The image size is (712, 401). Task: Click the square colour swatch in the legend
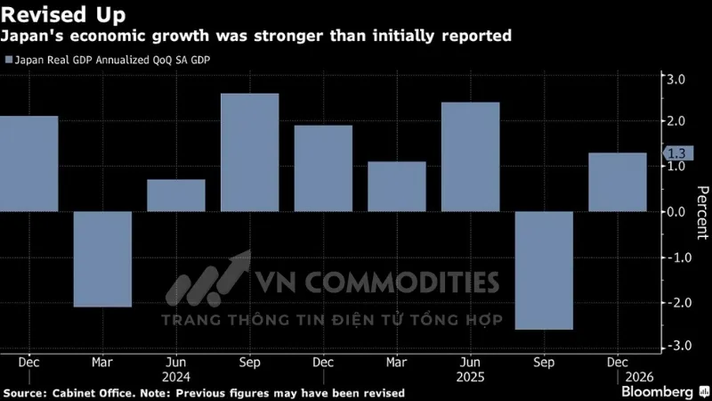(8, 60)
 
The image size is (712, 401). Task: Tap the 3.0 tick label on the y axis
(675, 79)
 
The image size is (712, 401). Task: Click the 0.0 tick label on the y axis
(675, 212)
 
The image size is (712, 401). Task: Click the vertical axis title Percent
(702, 212)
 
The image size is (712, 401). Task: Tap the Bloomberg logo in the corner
(659, 391)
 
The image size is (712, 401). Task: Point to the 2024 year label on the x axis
(176, 377)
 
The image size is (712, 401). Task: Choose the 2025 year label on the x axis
(471, 377)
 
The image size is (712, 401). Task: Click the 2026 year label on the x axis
(618, 377)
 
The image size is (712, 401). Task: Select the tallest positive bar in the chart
(250, 152)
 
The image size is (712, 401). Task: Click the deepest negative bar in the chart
(544, 270)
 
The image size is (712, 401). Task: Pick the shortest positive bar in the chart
(176, 195)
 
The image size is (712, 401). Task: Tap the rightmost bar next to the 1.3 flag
(618, 182)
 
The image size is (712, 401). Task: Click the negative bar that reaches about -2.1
(102, 258)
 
